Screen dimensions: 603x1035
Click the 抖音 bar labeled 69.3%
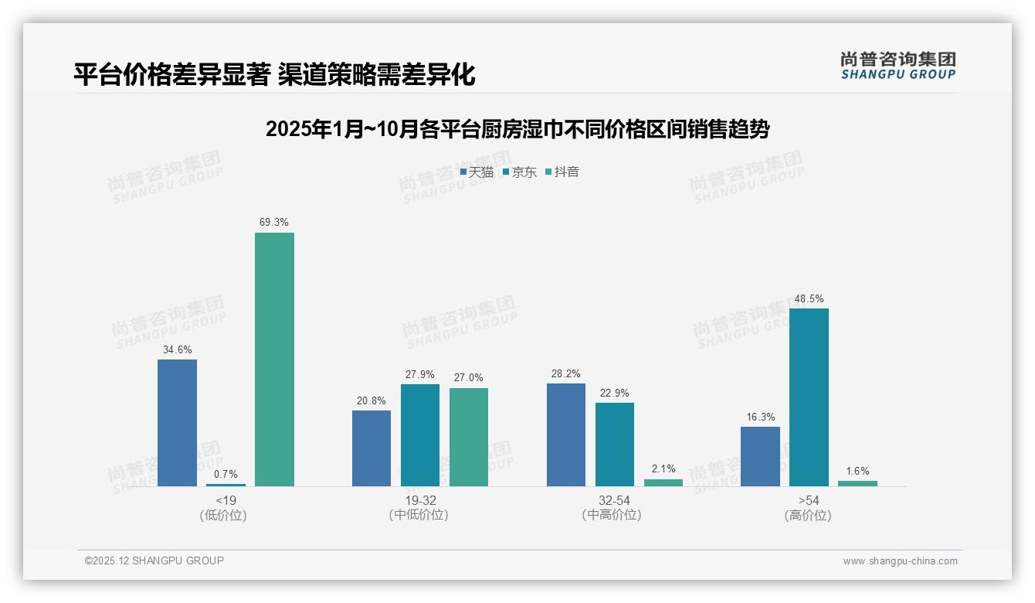[x=274, y=359]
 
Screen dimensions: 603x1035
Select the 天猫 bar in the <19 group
[x=177, y=423]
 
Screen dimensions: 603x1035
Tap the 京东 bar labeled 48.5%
[x=809, y=397]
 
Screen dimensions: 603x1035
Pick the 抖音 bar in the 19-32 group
[x=469, y=437]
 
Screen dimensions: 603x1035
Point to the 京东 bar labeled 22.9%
[x=615, y=445]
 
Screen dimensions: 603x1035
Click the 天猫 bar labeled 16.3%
[x=760, y=456]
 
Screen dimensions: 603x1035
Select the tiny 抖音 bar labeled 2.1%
[x=663, y=482]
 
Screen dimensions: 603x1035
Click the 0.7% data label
[x=226, y=474]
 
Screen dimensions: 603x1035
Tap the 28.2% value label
[x=566, y=374]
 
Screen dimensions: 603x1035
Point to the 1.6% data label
[x=857, y=471]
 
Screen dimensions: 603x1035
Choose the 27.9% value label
[x=421, y=375]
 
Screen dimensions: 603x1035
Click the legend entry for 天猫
[x=477, y=172]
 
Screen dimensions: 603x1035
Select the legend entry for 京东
[x=520, y=172]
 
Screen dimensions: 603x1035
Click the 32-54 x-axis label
[x=614, y=500]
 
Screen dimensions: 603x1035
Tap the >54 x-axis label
[x=808, y=500]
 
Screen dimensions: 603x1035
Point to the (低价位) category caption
[x=223, y=515]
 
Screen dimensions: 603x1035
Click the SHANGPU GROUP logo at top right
[x=898, y=65]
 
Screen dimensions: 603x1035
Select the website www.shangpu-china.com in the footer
[x=900, y=560]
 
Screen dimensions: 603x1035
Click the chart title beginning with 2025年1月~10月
[x=517, y=129]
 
